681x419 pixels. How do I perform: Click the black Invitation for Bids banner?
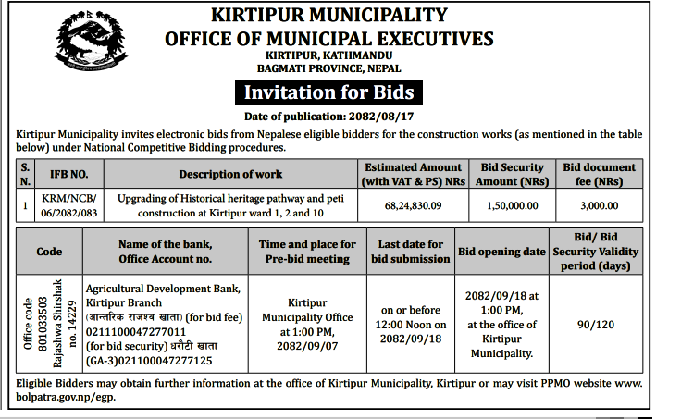click(x=328, y=92)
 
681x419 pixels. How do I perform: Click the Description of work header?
click(x=230, y=174)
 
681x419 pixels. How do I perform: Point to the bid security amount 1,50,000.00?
click(x=512, y=205)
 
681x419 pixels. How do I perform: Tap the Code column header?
click(x=49, y=251)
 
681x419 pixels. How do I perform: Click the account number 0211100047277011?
click(x=136, y=331)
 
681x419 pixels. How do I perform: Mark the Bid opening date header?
click(x=502, y=251)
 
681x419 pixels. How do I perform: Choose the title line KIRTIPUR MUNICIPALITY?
click(x=328, y=16)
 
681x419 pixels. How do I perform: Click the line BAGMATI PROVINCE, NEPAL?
click(x=328, y=68)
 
